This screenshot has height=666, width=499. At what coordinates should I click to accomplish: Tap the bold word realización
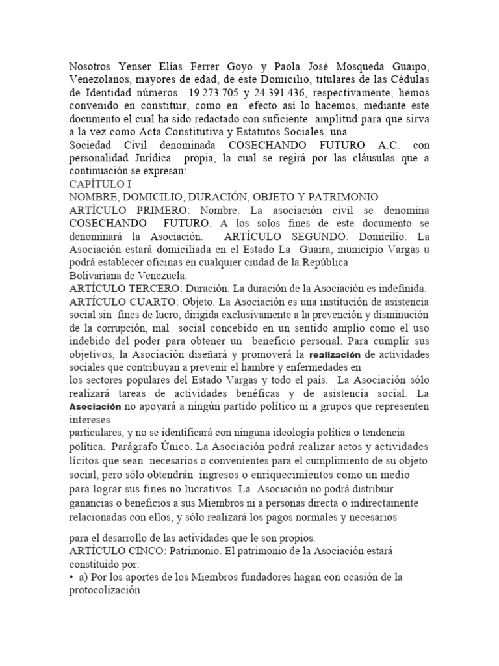coord(335,354)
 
